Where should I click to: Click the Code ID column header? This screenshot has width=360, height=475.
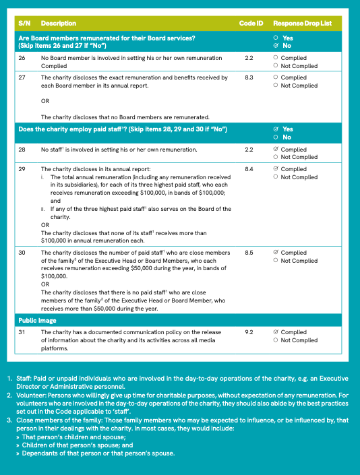click(x=251, y=24)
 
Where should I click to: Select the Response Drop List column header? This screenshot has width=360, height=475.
click(x=303, y=24)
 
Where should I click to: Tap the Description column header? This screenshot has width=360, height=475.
click(x=59, y=24)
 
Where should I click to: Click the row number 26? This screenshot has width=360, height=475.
click(x=22, y=59)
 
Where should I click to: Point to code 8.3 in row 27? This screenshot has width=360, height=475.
click(x=249, y=78)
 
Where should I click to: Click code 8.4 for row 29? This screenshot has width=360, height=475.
click(x=249, y=170)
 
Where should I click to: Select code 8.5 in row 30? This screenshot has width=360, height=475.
click(x=249, y=253)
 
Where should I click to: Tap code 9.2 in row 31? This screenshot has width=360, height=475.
click(x=249, y=333)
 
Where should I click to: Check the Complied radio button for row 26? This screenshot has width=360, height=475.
click(x=276, y=59)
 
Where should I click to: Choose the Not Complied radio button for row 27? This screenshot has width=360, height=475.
click(x=276, y=86)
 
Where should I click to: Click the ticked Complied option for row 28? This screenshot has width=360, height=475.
click(x=276, y=150)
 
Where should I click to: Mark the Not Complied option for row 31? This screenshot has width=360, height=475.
click(x=276, y=341)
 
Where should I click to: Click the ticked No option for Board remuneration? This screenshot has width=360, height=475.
click(x=276, y=46)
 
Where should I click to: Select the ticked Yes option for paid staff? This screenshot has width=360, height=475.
click(x=276, y=129)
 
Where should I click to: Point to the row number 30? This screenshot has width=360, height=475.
click(x=22, y=253)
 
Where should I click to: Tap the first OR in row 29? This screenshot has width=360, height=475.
click(x=45, y=225)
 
